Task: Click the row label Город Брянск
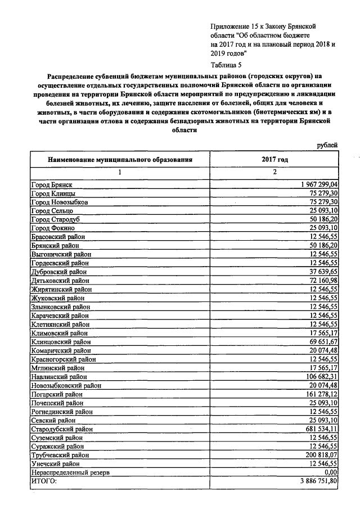(x=51, y=184)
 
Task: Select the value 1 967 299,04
(x=316, y=184)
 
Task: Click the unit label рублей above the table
(x=327, y=145)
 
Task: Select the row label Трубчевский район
(x=60, y=455)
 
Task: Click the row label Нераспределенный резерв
(x=67, y=472)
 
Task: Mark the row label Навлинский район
(x=59, y=377)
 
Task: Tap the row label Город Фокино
(x=52, y=228)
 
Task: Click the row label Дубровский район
(x=59, y=272)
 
